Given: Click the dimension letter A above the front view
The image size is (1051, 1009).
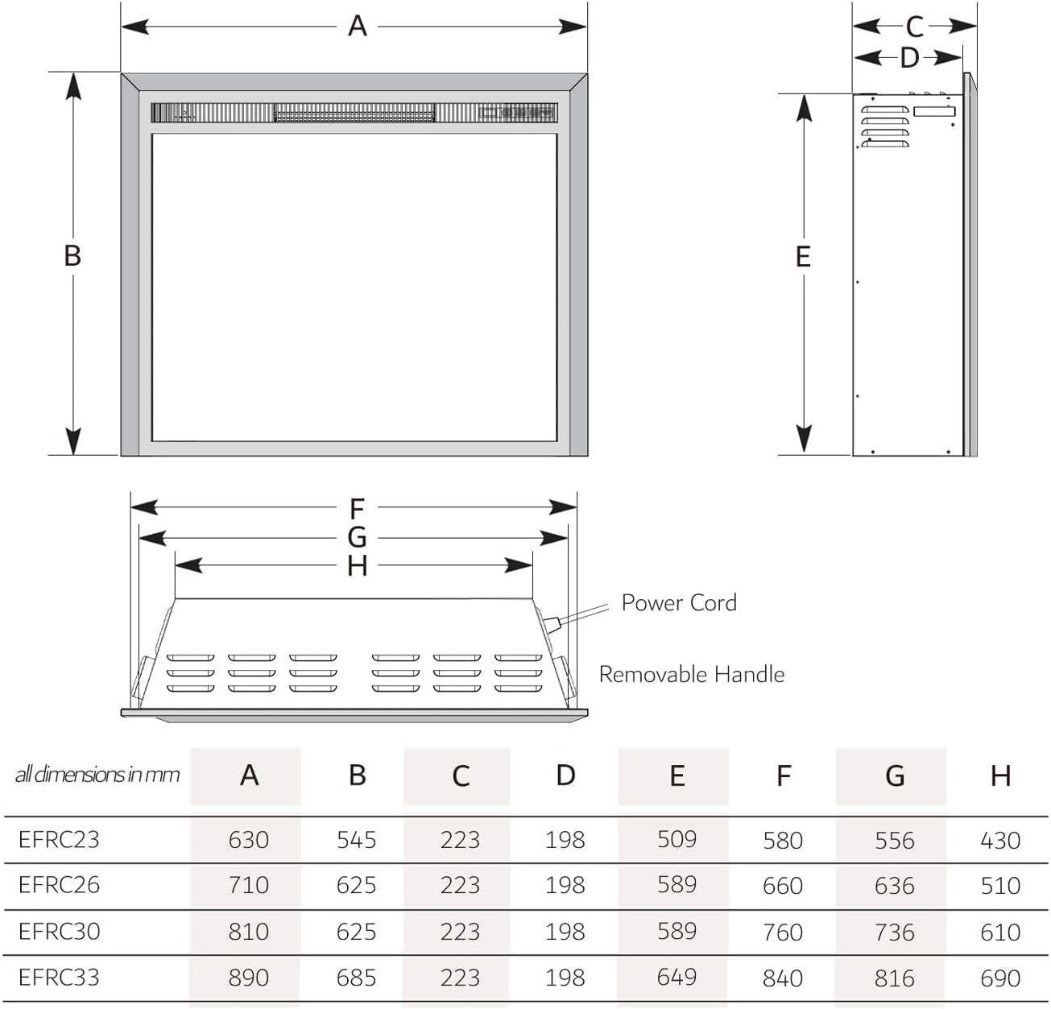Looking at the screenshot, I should [357, 27].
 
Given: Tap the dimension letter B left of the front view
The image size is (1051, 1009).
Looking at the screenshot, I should [72, 256].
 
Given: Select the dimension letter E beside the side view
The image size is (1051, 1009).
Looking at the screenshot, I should [802, 257].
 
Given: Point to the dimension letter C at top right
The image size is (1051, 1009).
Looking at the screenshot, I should [914, 27].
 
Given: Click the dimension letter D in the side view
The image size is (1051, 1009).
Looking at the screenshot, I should [909, 58].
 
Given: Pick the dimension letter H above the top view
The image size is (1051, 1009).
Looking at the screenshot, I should [357, 567].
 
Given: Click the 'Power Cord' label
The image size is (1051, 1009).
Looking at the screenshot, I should [679, 603].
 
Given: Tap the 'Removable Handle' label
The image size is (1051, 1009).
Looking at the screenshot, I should [691, 674].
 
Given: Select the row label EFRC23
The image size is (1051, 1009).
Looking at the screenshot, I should [59, 839].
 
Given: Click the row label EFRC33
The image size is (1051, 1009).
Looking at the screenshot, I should [59, 977].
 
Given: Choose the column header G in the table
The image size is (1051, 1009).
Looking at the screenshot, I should [895, 776].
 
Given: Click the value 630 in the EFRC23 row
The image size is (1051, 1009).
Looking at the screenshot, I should [248, 840].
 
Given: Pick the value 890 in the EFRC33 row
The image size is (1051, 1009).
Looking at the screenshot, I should [248, 978].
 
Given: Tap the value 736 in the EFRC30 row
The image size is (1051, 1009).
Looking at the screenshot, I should [895, 932].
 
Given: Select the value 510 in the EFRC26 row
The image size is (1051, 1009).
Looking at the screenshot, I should [1000, 886].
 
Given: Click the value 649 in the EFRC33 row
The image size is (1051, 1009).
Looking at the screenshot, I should [677, 977].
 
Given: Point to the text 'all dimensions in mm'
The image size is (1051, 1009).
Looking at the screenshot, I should [97, 775].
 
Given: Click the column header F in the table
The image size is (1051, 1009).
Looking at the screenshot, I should [783, 776].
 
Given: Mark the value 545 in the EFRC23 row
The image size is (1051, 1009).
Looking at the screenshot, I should [356, 840].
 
